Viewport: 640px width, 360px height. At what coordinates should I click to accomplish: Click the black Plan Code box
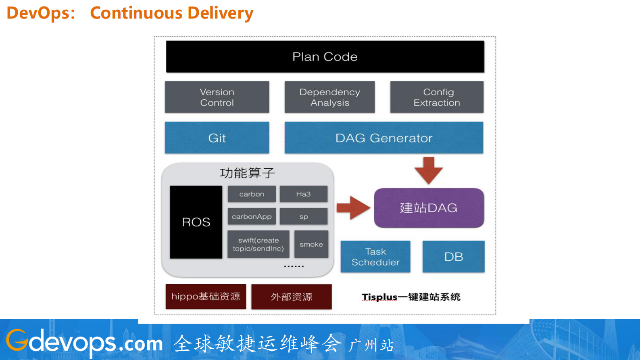coord(325,57)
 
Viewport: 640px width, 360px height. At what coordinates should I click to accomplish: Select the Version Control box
coord(217,97)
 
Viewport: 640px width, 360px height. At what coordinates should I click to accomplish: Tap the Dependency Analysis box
coord(329,97)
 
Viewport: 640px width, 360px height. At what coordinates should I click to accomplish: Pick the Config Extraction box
coord(437,97)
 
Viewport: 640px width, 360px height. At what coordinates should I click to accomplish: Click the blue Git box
coord(217,138)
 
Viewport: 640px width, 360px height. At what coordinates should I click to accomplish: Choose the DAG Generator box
coord(384,138)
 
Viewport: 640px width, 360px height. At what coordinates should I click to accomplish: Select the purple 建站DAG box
coord(429,208)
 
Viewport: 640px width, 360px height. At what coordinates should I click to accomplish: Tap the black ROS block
coord(196,222)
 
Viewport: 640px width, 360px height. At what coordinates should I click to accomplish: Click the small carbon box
coord(252,194)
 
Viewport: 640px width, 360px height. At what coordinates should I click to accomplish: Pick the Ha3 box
coord(303,194)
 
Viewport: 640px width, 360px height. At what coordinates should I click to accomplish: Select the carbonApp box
coord(252,216)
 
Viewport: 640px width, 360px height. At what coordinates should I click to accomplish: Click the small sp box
coord(303,216)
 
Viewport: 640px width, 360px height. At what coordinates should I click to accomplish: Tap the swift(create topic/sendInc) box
coord(258,244)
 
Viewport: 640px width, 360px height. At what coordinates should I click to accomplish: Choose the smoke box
coord(311,244)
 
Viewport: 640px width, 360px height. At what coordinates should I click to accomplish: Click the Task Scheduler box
coord(375,257)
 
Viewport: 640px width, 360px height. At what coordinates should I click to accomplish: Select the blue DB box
coord(453,257)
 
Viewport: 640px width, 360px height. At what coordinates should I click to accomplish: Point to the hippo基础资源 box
coord(206,297)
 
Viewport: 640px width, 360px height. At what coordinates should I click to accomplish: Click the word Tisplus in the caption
coord(379,297)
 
